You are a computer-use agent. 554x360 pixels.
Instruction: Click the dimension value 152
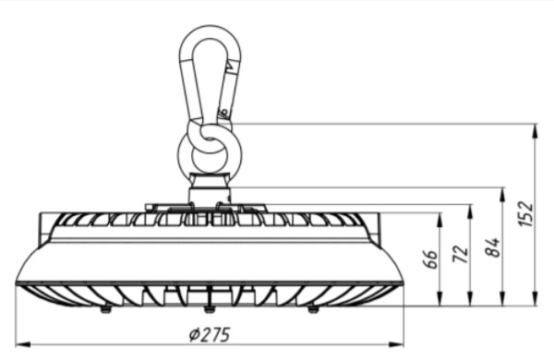coord(526,214)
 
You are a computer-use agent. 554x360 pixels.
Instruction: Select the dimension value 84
coord(493,247)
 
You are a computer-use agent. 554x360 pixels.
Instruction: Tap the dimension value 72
coord(461,254)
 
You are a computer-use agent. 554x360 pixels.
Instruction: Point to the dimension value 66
coord(430,259)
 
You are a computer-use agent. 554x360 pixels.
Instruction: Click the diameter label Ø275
coord(211,334)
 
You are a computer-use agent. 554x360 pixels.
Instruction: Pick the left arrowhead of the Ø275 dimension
coord(23,344)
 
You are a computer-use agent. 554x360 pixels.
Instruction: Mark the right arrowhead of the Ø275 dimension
coord(396,344)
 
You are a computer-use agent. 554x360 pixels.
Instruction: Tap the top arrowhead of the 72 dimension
coord(470,212)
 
